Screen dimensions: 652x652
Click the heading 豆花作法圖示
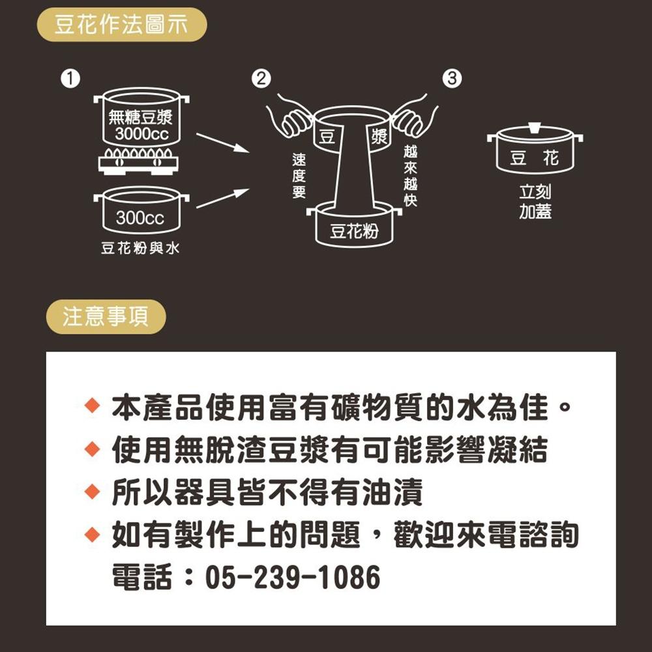tap(121, 25)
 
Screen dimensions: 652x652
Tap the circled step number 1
tap(68, 80)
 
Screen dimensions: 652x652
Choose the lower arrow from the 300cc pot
tap(222, 199)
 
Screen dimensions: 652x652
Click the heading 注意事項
tap(106, 317)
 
